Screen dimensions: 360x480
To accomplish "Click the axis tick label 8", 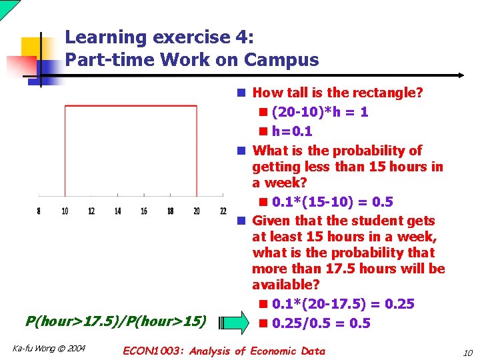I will pos(39,211).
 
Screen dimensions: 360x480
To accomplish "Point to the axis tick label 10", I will pos(65,211).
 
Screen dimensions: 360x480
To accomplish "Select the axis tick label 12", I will pos(91,211).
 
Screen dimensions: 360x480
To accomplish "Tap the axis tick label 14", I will pos(117,211).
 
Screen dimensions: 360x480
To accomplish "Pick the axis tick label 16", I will pos(144,211).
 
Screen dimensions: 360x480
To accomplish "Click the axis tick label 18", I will pos(170,211).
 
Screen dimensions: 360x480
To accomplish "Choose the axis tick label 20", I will pos(197,211).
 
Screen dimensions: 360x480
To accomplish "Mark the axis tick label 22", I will pos(223,211).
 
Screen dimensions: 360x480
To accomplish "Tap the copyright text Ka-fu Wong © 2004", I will pos(49,348).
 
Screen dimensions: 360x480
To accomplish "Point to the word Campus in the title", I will pos(281,60).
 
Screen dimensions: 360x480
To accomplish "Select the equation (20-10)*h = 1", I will pos(320,112).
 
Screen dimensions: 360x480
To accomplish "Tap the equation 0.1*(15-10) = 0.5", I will pos(333,201).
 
